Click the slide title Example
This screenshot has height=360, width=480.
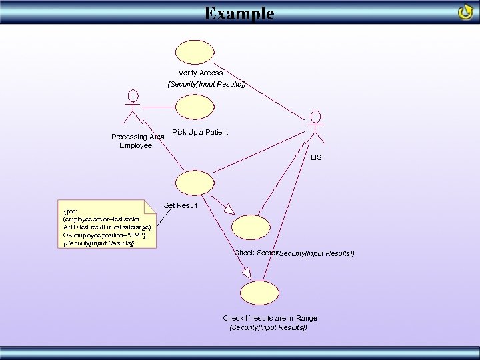click(x=239, y=13)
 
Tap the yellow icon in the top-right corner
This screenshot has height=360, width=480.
click(x=465, y=12)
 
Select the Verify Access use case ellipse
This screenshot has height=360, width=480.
click(x=195, y=51)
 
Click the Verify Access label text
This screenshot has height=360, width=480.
click(x=200, y=73)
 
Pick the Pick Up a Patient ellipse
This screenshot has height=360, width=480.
click(x=195, y=107)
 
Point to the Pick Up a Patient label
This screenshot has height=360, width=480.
click(x=199, y=132)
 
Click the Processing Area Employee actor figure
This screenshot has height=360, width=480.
click(x=133, y=107)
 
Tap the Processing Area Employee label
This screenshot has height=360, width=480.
click(x=137, y=141)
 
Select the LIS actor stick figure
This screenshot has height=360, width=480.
click(x=315, y=127)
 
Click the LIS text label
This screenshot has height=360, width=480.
click(x=315, y=157)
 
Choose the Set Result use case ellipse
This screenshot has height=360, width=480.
click(x=195, y=183)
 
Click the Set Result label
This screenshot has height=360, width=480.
click(x=181, y=205)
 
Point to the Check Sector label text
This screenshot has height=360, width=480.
click(x=255, y=253)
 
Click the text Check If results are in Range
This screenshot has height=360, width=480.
click(x=269, y=318)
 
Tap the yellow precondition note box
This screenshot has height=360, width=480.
click(x=107, y=223)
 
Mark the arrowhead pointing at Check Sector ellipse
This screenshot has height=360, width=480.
click(x=229, y=209)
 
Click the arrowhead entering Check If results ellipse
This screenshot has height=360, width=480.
click(x=246, y=273)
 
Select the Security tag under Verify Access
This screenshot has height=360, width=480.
click(x=206, y=84)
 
